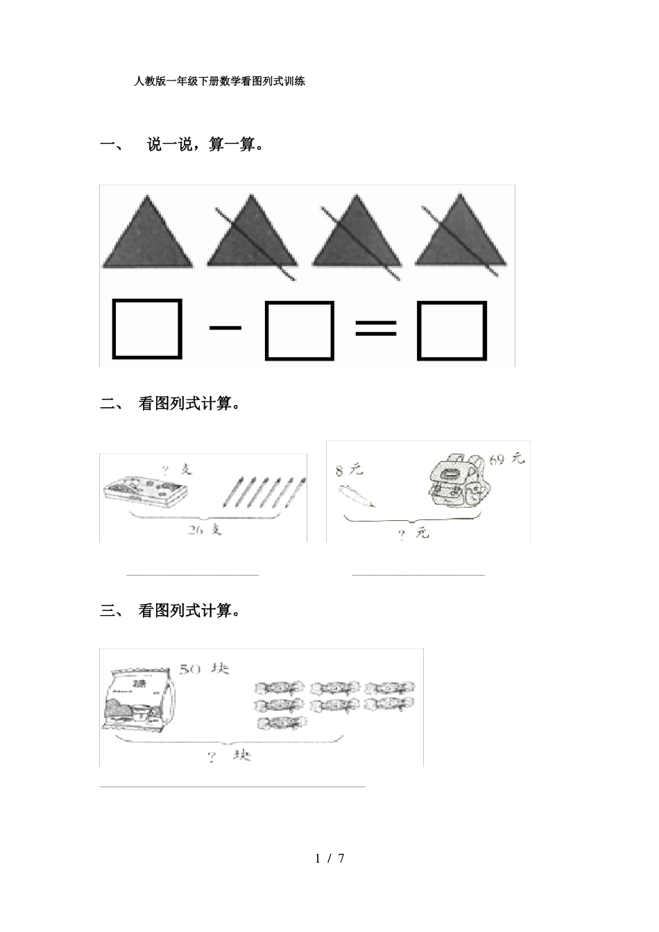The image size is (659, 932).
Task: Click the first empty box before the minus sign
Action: pyautogui.click(x=147, y=329)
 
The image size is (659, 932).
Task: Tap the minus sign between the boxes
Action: pyautogui.click(x=225, y=327)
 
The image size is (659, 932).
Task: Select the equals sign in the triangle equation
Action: pyautogui.click(x=376, y=328)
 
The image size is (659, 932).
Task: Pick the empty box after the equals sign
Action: pyautogui.click(x=452, y=330)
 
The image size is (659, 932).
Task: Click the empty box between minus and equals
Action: pyautogui.click(x=300, y=330)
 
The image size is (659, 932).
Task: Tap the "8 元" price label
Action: pyautogui.click(x=349, y=471)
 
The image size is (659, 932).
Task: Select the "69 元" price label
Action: pyautogui.click(x=506, y=459)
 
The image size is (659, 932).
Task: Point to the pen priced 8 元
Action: pyautogui.click(x=356, y=497)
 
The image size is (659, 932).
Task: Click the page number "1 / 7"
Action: pyautogui.click(x=329, y=858)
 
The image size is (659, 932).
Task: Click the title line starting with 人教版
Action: pyautogui.click(x=219, y=81)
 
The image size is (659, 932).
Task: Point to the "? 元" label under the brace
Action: pyautogui.click(x=413, y=533)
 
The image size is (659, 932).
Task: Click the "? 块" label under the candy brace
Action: pyautogui.click(x=230, y=755)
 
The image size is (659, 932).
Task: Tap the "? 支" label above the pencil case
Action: pyautogui.click(x=176, y=470)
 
